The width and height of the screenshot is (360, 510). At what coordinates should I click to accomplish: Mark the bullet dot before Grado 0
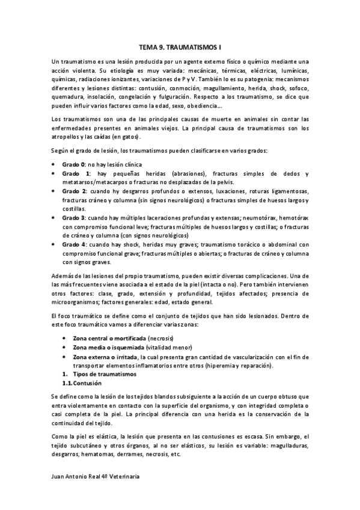55,164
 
